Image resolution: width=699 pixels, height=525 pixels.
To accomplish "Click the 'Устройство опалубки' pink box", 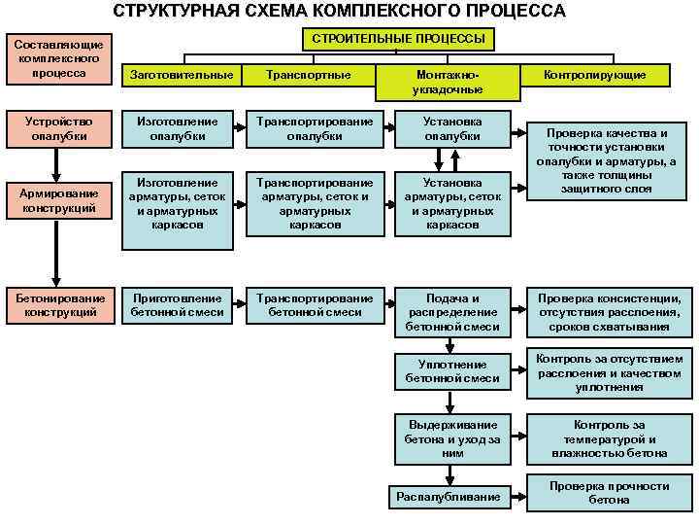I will (60, 129).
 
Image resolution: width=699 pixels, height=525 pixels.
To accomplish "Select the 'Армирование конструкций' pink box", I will (60, 201).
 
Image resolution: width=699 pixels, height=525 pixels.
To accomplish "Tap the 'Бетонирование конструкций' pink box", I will (60, 305).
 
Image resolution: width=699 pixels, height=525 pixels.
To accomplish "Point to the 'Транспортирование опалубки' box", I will (314, 129).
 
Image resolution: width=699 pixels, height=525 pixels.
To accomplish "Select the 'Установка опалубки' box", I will (451, 129).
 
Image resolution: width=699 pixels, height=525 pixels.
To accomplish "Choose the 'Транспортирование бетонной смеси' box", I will (314, 305).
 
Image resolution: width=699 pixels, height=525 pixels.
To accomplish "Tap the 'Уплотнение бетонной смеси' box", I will (451, 371).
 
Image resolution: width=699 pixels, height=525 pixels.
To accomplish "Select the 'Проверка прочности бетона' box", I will (609, 493).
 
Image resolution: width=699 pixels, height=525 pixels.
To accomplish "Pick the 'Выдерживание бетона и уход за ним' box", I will (451, 439).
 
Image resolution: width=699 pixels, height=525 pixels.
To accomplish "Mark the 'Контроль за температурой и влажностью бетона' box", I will (609, 439).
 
